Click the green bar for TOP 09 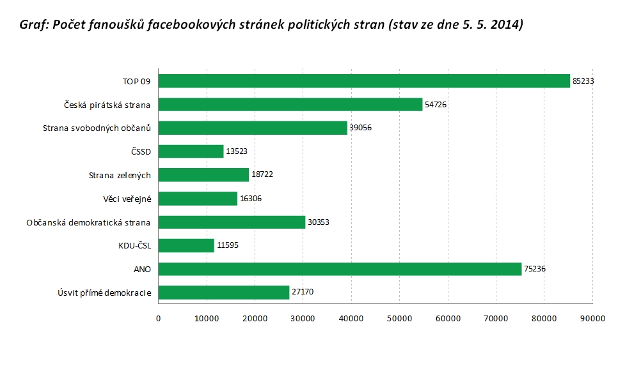(364, 81)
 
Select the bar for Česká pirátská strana (290, 105)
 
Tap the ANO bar (340, 269)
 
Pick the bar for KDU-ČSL (186, 245)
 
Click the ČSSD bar (191, 151)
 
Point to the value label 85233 (583, 81)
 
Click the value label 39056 (361, 128)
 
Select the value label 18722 (262, 175)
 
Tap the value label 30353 (319, 222)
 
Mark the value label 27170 (303, 293)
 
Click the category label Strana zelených (120, 175)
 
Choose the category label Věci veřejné (127, 199)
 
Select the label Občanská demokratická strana (88, 222)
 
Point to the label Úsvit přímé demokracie (104, 293)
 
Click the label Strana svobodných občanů (97, 128)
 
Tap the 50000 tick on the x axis (399, 316)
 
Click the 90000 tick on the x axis (592, 316)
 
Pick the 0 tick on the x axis (158, 316)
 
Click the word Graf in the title (35, 25)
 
